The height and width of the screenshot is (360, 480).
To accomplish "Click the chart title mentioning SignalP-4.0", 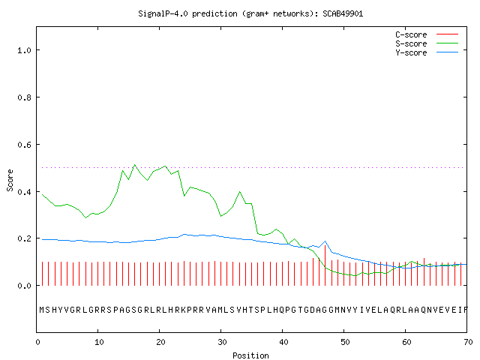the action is pyautogui.click(x=250, y=13).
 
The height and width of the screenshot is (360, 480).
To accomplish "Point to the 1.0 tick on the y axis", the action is pyautogui.click(x=24, y=50).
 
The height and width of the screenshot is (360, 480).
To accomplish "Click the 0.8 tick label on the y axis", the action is pyautogui.click(x=24, y=97).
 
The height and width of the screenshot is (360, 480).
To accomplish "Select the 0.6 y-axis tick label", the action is pyautogui.click(x=24, y=145).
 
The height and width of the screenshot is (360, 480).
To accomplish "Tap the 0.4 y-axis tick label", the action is pyautogui.click(x=24, y=192).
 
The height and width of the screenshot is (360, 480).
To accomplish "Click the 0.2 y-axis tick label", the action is pyautogui.click(x=24, y=238).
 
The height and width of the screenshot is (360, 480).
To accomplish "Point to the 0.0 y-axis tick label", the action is pyautogui.click(x=24, y=286).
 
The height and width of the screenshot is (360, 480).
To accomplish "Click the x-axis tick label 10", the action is pyautogui.click(x=99, y=342).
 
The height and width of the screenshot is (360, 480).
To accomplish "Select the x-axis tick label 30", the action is pyautogui.click(x=222, y=342).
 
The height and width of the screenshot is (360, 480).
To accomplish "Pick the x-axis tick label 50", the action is pyautogui.click(x=345, y=342).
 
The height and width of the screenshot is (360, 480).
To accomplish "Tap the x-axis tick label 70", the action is pyautogui.click(x=468, y=342).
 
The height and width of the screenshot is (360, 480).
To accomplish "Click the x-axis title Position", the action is pyautogui.click(x=250, y=355).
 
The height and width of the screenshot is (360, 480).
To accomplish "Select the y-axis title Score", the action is pyautogui.click(x=10, y=180).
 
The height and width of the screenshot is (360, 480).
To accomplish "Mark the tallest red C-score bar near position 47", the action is pyautogui.click(x=325, y=265).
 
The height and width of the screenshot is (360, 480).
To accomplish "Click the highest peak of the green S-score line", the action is pyautogui.click(x=135, y=165).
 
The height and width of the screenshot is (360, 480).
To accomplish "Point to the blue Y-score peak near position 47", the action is pyautogui.click(x=325, y=241).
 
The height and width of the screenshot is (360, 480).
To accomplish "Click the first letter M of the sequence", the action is pyautogui.click(x=42, y=310).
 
